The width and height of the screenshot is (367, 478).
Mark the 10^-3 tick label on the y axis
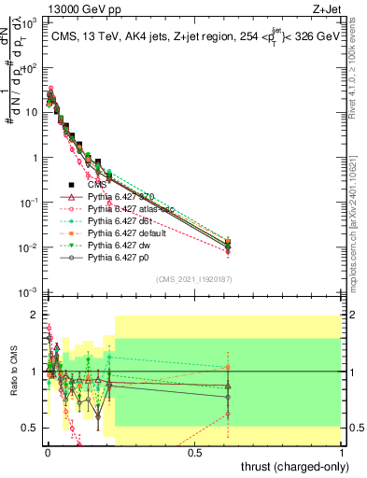[28, 292]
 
